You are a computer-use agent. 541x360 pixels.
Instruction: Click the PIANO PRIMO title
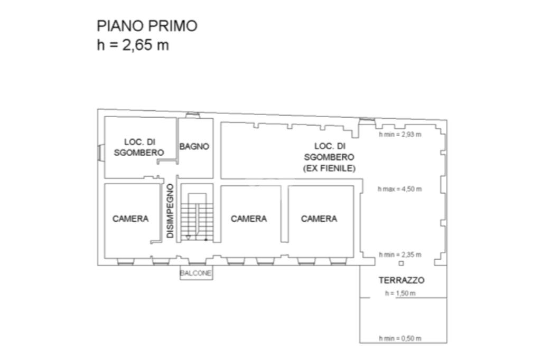tap(147, 26)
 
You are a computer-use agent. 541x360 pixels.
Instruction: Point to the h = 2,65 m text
tap(133, 45)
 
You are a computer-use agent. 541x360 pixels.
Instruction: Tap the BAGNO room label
tap(194, 147)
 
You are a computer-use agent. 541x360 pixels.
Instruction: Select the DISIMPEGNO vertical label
tap(170, 211)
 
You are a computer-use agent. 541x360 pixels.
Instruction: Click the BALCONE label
tap(196, 273)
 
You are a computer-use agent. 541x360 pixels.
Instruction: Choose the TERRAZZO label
tap(402, 280)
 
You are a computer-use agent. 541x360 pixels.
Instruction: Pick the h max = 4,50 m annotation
tap(400, 189)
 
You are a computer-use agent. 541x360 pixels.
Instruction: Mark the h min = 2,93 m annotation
tap(400, 135)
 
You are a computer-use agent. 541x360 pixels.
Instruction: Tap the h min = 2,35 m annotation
tap(400, 255)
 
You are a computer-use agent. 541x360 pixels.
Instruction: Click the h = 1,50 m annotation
tap(400, 293)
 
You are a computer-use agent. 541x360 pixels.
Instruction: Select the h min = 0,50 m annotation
tap(400, 338)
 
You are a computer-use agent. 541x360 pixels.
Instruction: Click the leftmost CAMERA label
tap(130, 219)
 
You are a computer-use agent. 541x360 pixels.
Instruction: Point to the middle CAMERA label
tap(249, 219)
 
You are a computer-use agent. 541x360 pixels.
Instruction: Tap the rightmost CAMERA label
tap(319, 219)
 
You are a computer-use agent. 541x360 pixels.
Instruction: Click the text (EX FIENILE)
tap(329, 168)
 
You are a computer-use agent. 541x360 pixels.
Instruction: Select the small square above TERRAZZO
tap(402, 263)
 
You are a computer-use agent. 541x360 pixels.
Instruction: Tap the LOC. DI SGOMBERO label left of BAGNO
tap(139, 147)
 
